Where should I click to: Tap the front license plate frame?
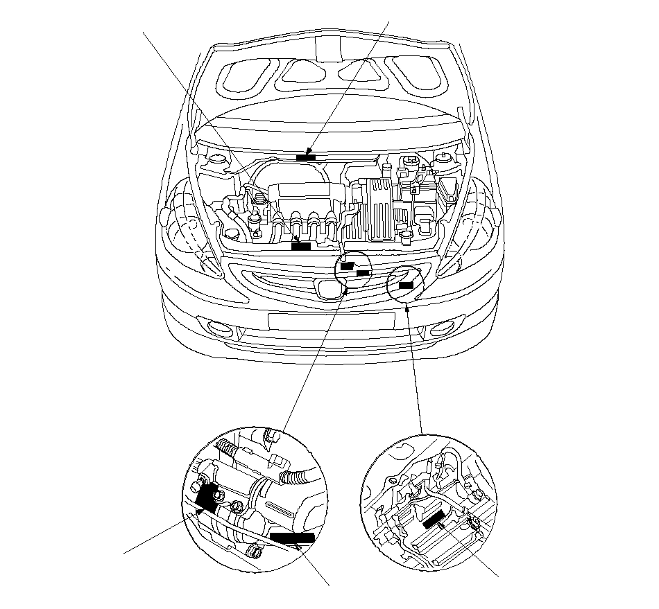[331, 321]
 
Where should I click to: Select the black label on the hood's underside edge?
[306, 157]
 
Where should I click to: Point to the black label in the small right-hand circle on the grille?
[406, 283]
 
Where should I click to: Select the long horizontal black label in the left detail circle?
[292, 537]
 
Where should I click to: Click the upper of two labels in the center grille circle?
[347, 265]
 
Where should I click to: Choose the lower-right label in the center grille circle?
[362, 273]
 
